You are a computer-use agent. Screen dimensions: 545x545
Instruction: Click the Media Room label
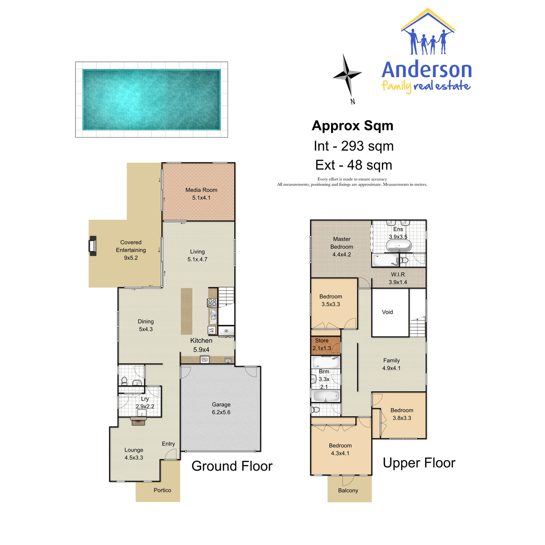click(201, 190)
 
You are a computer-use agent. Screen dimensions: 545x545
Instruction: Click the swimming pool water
click(151, 99)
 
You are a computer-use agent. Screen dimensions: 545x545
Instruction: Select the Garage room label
click(221, 405)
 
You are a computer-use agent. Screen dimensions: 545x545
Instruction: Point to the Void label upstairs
click(387, 312)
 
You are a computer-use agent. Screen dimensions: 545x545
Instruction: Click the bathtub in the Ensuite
click(398, 246)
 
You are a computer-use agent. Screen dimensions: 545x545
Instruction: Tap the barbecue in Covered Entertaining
click(93, 246)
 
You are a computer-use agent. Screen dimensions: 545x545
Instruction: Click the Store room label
click(322, 341)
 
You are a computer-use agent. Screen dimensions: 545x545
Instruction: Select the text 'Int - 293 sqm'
click(353, 146)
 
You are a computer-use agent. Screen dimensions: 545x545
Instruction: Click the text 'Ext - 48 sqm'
click(353, 165)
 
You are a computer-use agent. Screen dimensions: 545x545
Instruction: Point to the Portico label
click(162, 490)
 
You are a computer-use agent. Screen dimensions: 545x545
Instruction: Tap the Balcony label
click(348, 490)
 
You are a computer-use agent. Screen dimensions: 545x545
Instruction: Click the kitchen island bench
click(186, 311)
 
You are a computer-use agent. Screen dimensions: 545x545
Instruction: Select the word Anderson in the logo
click(426, 70)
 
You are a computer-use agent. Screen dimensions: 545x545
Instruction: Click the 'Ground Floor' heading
click(232, 466)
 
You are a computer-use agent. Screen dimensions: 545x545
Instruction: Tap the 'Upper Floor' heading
click(419, 463)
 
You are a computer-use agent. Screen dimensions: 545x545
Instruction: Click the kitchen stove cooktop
click(212, 302)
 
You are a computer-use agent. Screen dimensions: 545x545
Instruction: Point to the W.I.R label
click(398, 274)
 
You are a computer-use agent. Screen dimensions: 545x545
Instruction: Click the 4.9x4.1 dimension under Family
click(391, 368)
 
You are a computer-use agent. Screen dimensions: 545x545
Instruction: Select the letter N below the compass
click(353, 102)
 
